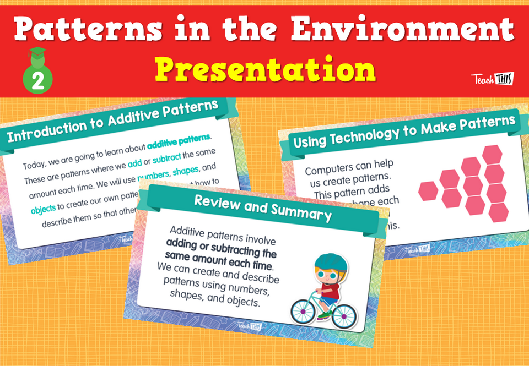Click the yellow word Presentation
264,70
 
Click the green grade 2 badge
38,77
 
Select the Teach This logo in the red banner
492,79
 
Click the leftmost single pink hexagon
428,190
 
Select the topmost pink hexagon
492,154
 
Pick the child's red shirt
331,289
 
